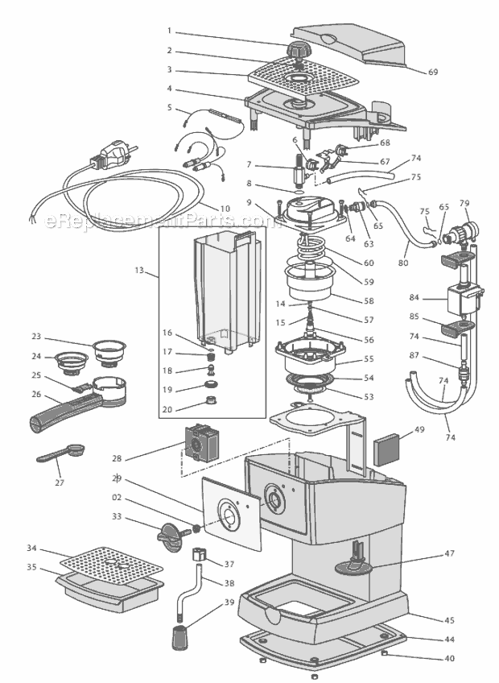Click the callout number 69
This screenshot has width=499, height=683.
click(x=433, y=72)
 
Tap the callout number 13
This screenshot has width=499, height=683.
click(x=140, y=271)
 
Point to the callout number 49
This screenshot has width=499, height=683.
click(x=418, y=430)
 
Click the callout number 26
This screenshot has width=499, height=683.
click(x=35, y=395)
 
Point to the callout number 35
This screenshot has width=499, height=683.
click(x=31, y=567)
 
